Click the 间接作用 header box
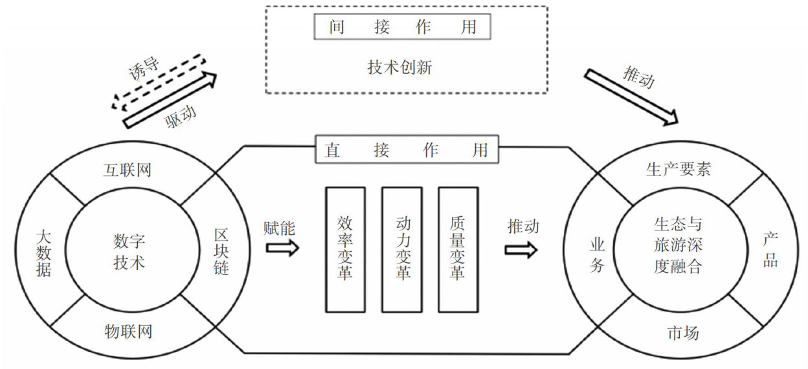click(x=402, y=27)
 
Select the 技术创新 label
click(x=403, y=66)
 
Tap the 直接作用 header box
click(x=407, y=150)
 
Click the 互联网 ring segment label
click(x=131, y=171)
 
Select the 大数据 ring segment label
click(x=45, y=252)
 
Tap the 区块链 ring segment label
click(x=220, y=252)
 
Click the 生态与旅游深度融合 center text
click(x=678, y=246)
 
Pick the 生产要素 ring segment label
click(x=678, y=170)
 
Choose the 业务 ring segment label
click(x=596, y=254)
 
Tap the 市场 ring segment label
click(x=682, y=333)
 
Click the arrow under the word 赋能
click(x=282, y=248)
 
